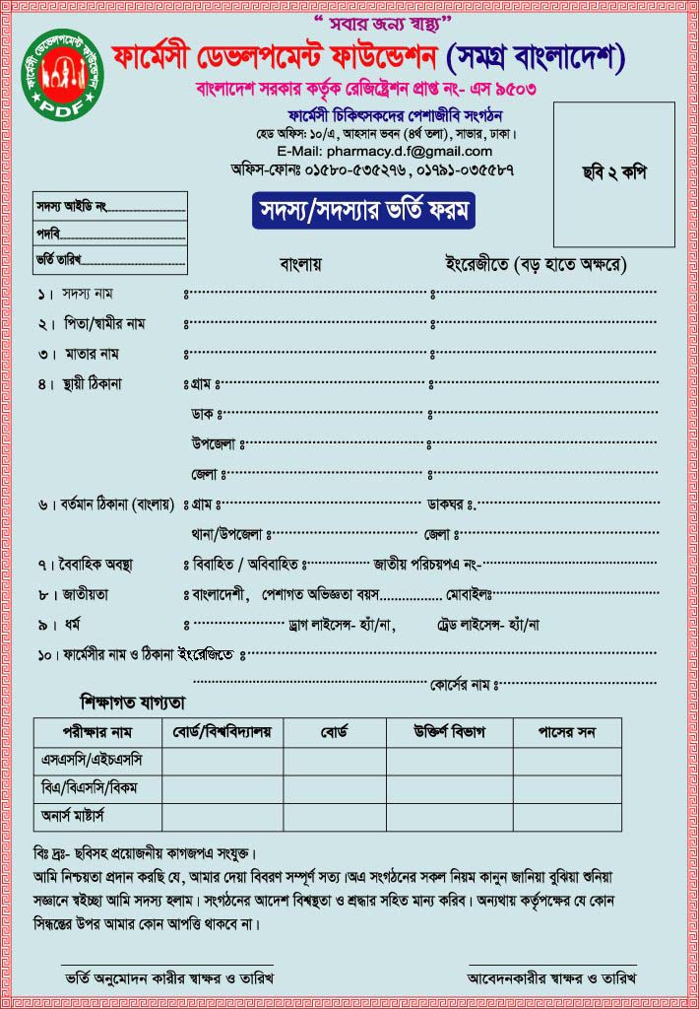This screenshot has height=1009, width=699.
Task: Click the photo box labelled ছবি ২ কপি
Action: pos(613,173)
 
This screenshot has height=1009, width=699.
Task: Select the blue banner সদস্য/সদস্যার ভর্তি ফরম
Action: pos(363,212)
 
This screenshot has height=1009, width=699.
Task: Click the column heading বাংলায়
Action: pos(300,264)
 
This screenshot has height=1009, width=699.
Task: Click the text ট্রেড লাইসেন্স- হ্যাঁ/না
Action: pos(487,624)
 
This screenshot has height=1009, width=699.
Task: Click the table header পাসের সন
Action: pos(566,733)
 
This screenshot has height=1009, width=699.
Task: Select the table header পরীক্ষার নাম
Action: pos(96,733)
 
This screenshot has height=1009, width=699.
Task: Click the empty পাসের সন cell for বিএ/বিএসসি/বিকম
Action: pos(566,788)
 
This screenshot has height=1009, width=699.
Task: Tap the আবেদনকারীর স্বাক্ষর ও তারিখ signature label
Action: pos(551,978)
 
